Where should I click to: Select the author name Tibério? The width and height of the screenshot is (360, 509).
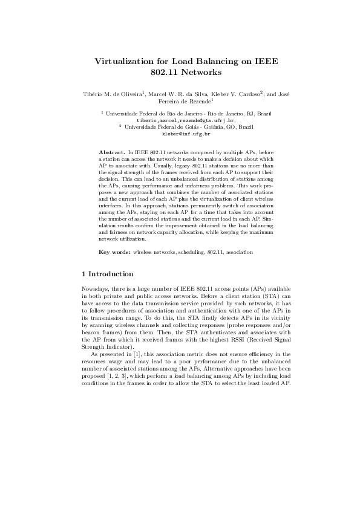pos(93,95)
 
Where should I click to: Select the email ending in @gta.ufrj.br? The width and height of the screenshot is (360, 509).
pos(179,120)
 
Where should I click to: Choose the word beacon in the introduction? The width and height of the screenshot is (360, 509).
pos(91,332)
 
